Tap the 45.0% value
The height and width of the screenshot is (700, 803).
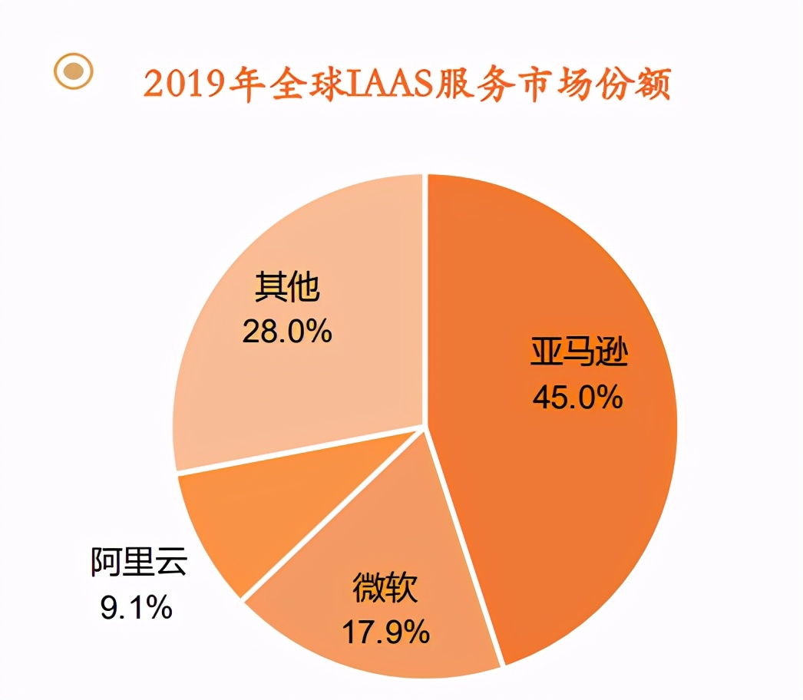(x=577, y=397)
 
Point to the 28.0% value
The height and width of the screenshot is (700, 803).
(x=286, y=332)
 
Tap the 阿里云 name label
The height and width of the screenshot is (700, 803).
(x=138, y=564)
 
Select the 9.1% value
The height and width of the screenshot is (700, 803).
(x=136, y=608)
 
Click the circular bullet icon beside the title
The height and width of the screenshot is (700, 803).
(x=73, y=71)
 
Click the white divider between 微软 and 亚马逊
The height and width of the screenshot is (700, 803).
(x=464, y=546)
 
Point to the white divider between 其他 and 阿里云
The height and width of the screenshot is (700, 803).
(x=299, y=450)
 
